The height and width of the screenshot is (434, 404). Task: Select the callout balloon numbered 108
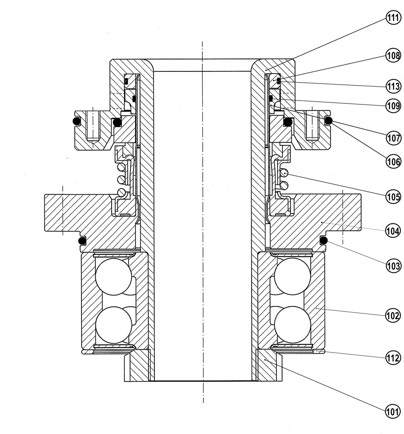(393, 56)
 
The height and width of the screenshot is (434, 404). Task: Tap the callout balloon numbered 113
(393, 86)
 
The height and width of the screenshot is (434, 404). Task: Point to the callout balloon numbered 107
(393, 138)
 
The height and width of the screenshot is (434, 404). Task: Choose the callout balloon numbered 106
(393, 162)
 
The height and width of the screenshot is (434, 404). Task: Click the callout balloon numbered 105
(393, 197)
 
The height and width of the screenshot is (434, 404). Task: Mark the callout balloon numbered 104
(393, 231)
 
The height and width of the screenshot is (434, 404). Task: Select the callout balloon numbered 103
(393, 266)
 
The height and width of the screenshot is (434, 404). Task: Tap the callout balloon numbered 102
(393, 315)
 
